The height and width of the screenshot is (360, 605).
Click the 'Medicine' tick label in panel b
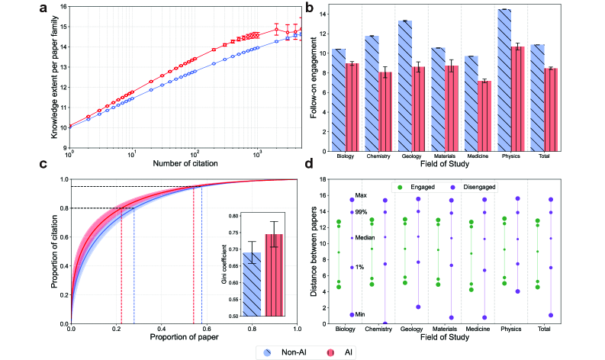[x=477, y=156]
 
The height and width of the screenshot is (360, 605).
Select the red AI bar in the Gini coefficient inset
[x=273, y=275]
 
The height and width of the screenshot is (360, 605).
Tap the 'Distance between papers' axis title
[x=314, y=252]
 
